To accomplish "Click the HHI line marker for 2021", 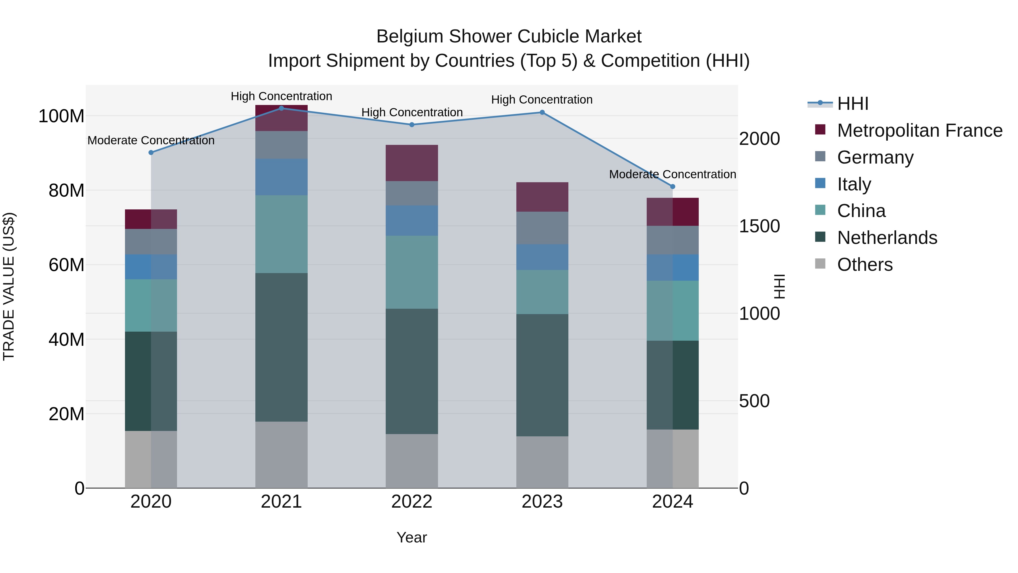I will [281, 108].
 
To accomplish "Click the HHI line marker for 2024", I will [673, 186].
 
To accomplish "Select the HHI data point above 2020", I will [151, 152].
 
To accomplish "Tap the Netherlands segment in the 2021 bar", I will [281, 347].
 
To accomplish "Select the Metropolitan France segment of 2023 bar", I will [542, 197].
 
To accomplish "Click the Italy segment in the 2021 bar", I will [281, 177].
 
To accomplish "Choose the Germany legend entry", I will [875, 157].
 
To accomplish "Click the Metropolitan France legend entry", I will [919, 130].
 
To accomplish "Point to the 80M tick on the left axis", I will [66, 190].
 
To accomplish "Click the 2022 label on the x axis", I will [412, 501].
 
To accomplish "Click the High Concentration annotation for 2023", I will [542, 100].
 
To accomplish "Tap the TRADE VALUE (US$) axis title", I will [9, 286].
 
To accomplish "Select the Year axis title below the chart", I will [411, 537].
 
